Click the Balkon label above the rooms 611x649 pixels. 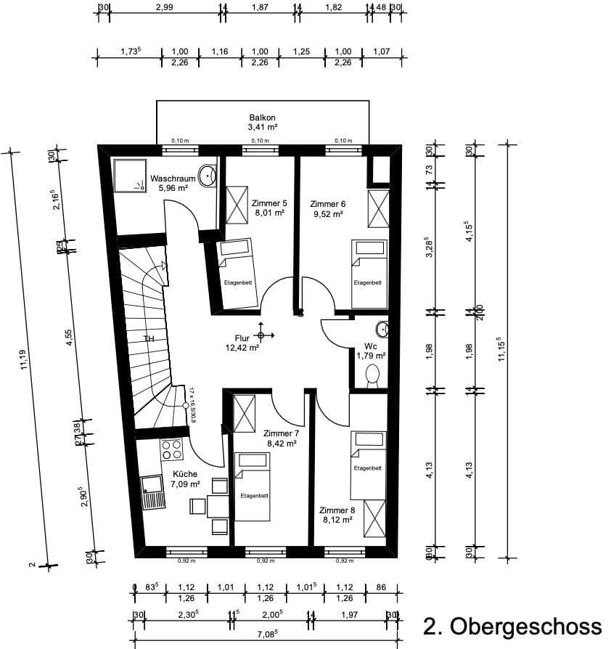pyautogui.click(x=263, y=117)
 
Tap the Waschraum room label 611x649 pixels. pyautogui.click(x=173, y=178)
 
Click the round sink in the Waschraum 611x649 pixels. pyautogui.click(x=208, y=175)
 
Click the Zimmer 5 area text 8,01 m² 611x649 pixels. pyautogui.click(x=268, y=213)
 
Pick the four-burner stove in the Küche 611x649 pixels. pyautogui.click(x=171, y=450)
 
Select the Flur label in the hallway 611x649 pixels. pyautogui.click(x=242, y=338)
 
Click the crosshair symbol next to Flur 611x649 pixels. pyautogui.click(x=261, y=335)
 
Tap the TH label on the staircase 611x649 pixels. pyautogui.click(x=149, y=339)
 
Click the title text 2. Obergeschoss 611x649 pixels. pyautogui.click(x=512, y=625)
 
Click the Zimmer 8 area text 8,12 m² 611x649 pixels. pyautogui.click(x=337, y=519)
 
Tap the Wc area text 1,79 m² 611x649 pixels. pyautogui.click(x=369, y=356)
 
